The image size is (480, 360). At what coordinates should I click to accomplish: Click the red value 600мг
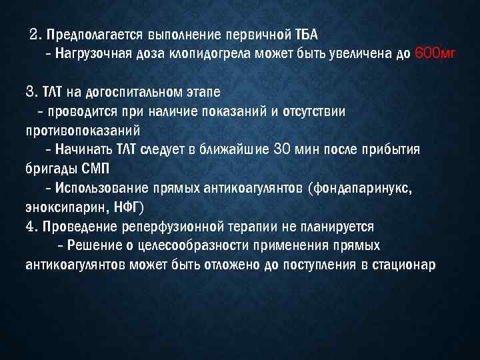pos(435,54)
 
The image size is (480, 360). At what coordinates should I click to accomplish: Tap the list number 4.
pos(29,227)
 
